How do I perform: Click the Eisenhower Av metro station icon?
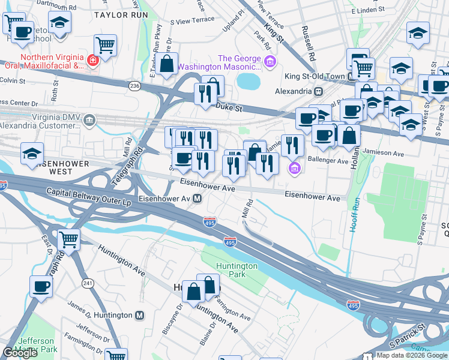click(x=197, y=199)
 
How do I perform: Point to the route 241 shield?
click(x=88, y=283)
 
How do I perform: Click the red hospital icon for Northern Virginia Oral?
click(x=92, y=60)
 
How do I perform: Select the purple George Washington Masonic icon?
click(x=270, y=59)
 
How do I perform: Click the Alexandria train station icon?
click(x=319, y=92)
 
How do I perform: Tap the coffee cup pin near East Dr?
click(x=41, y=286)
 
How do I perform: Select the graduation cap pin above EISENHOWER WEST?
click(x=32, y=154)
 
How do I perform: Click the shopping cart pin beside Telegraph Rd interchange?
click(x=69, y=240)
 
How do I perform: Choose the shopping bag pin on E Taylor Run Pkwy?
click(x=167, y=63)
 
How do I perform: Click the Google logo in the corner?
click(x=20, y=353)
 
